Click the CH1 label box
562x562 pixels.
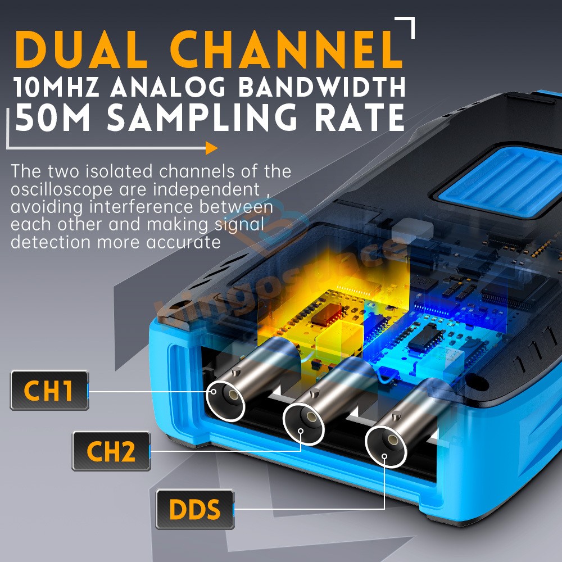pyautogui.click(x=49, y=391)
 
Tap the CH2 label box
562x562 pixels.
pyautogui.click(x=111, y=451)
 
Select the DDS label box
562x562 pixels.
pyautogui.click(x=194, y=509)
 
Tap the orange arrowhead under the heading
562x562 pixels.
pyautogui.click(x=211, y=148)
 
